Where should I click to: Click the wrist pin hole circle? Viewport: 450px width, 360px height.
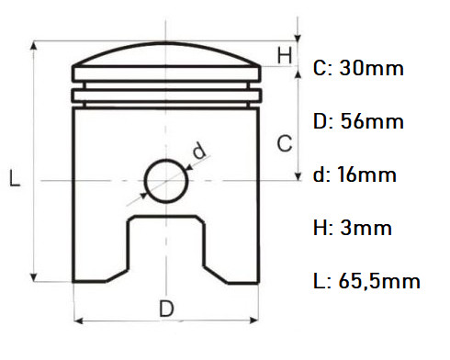coord(145,181)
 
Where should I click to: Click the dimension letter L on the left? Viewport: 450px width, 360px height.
coord(14,178)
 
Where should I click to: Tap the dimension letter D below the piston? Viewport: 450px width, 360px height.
coord(166,309)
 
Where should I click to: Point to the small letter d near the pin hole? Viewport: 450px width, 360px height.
coord(199,150)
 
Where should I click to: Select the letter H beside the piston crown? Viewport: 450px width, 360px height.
coord(285,55)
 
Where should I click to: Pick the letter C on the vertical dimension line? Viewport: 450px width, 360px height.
coord(285,143)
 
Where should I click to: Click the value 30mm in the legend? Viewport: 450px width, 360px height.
coord(371,68)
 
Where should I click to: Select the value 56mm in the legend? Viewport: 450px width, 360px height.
coord(372,121)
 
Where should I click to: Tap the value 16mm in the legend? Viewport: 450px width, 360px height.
coord(366,174)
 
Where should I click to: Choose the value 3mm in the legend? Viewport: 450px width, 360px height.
coord(366,228)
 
